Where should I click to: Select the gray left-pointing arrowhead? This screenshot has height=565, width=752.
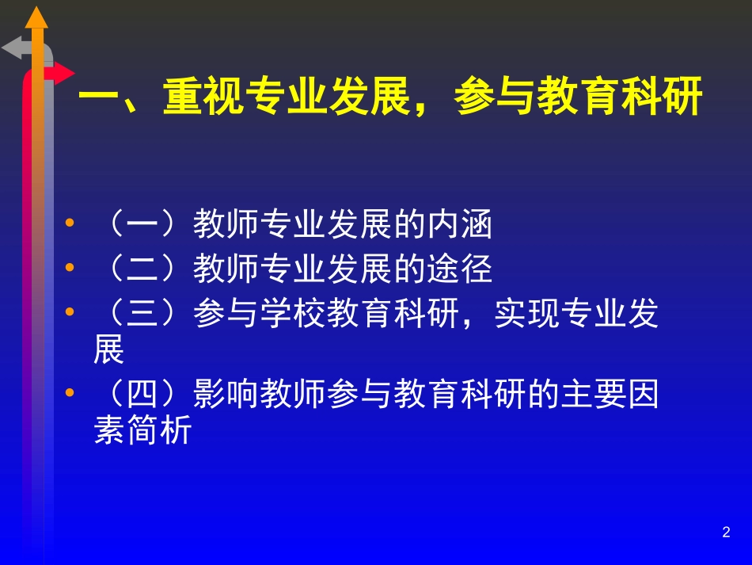click(x=13, y=48)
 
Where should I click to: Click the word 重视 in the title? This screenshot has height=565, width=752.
click(x=205, y=101)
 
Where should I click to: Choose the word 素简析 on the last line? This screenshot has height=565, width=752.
click(x=142, y=432)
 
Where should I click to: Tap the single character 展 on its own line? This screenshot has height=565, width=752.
click(x=109, y=351)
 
